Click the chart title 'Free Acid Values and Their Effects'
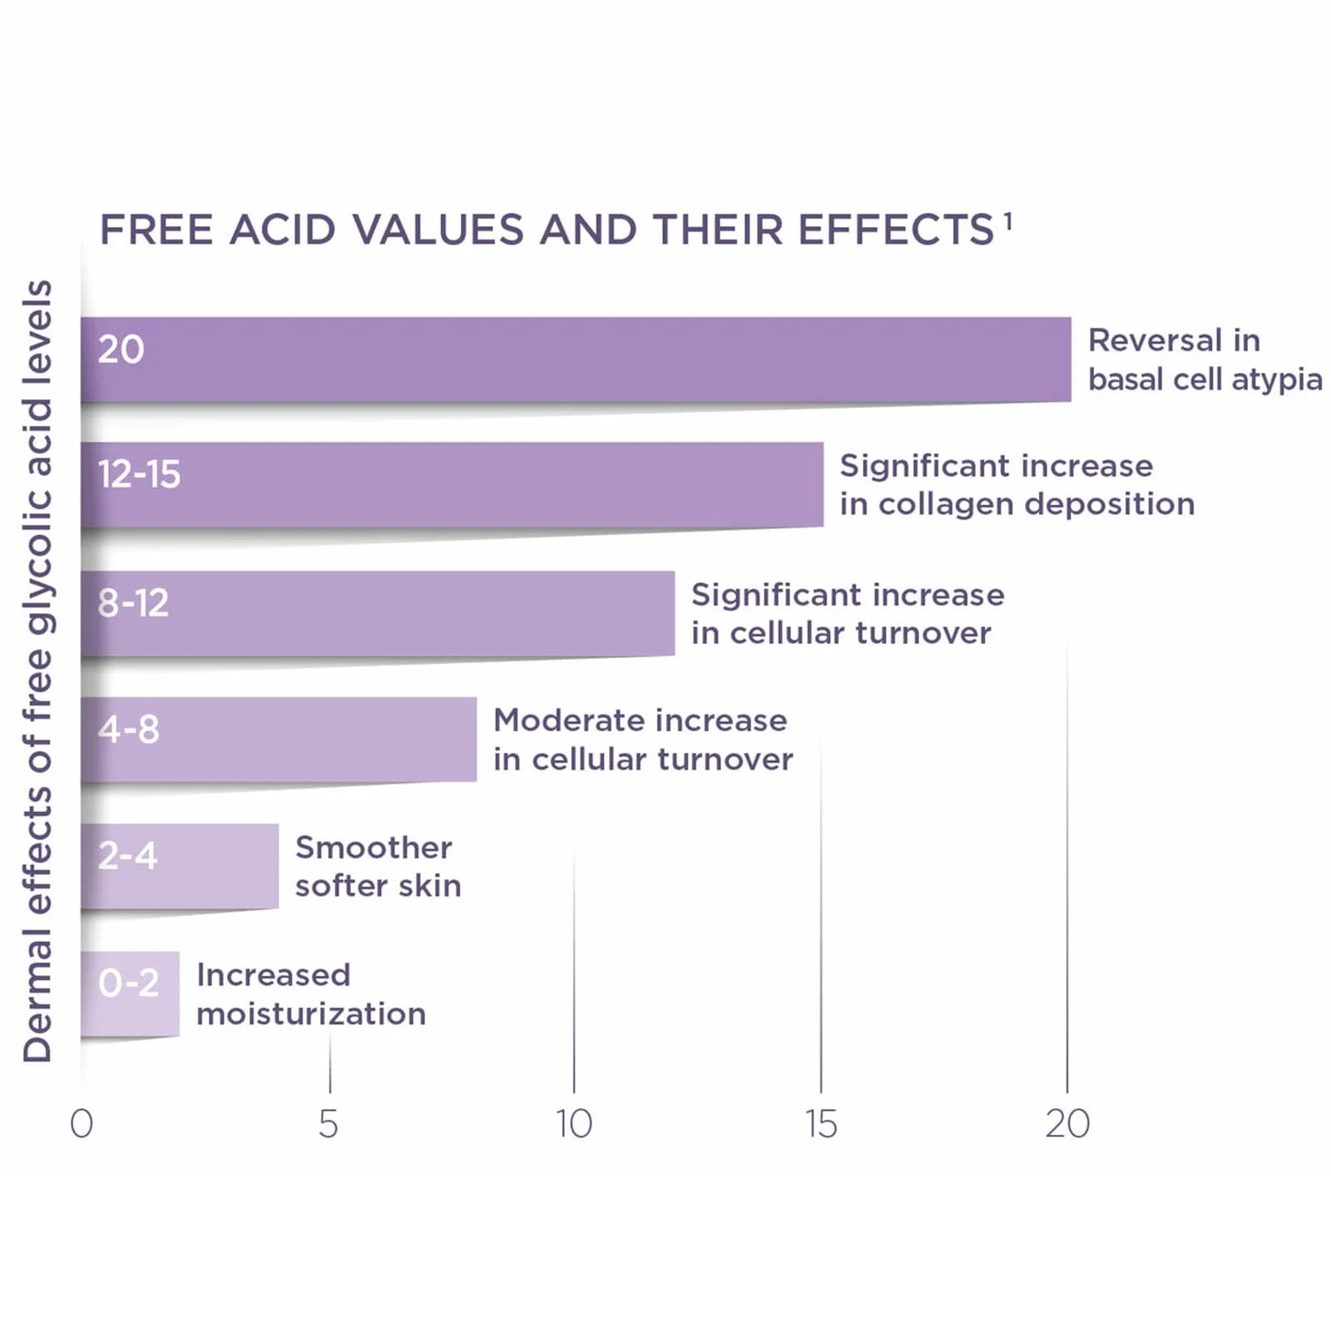pos(547,230)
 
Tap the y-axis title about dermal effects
pos(37,671)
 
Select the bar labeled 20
pos(576,359)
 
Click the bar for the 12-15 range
pos(452,484)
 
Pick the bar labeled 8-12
pos(378,613)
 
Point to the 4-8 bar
pos(279,740)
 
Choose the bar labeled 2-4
pos(180,866)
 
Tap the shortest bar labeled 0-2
pos(130,994)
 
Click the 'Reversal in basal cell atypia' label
pos(1205,359)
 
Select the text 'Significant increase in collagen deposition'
pos(1017,484)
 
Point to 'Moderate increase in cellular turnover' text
pos(643,740)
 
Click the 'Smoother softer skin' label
pos(378,866)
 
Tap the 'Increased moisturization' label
pos(311,994)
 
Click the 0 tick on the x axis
pos(82,1124)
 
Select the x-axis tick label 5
pos(329,1124)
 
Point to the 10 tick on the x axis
pos(574,1124)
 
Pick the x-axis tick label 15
pos(821,1124)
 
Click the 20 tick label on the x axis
pos(1067,1124)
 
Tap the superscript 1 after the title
pos(1007,221)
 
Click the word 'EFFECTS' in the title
pos(896,230)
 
